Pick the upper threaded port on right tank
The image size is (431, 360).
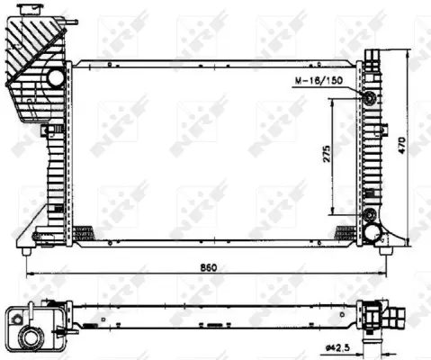(369, 97)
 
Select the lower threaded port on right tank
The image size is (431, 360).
(369, 214)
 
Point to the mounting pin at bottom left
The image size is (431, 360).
(36, 238)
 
